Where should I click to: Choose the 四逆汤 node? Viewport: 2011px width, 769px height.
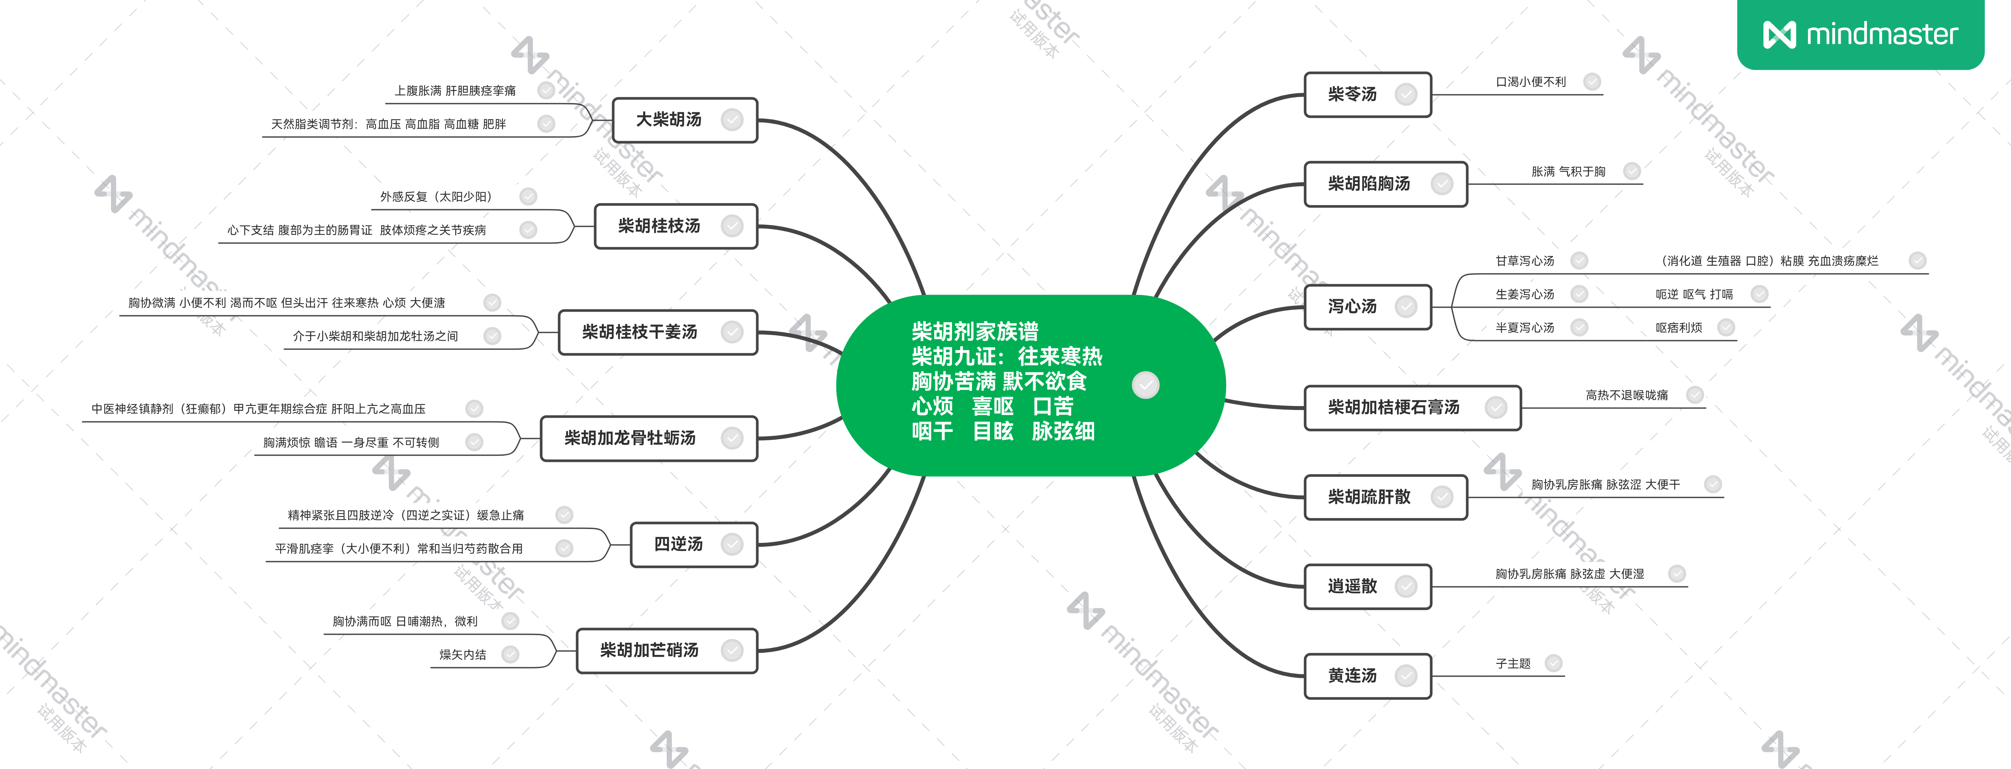pyautogui.click(x=694, y=544)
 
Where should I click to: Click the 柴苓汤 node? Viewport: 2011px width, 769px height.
pyautogui.click(x=1368, y=95)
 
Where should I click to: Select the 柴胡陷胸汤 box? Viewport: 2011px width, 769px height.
pyautogui.click(x=1386, y=184)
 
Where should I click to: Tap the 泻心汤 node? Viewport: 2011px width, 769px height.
pyautogui.click(x=1368, y=307)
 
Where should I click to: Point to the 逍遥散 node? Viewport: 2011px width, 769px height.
pyautogui.click(x=1368, y=586)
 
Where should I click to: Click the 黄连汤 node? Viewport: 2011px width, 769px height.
pyautogui.click(x=1368, y=676)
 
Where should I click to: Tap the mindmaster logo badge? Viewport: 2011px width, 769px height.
pyautogui.click(x=1860, y=34)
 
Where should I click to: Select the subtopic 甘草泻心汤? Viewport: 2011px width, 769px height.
pyautogui.click(x=1525, y=261)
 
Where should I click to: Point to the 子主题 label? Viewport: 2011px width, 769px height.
pyautogui.click(x=1513, y=664)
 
